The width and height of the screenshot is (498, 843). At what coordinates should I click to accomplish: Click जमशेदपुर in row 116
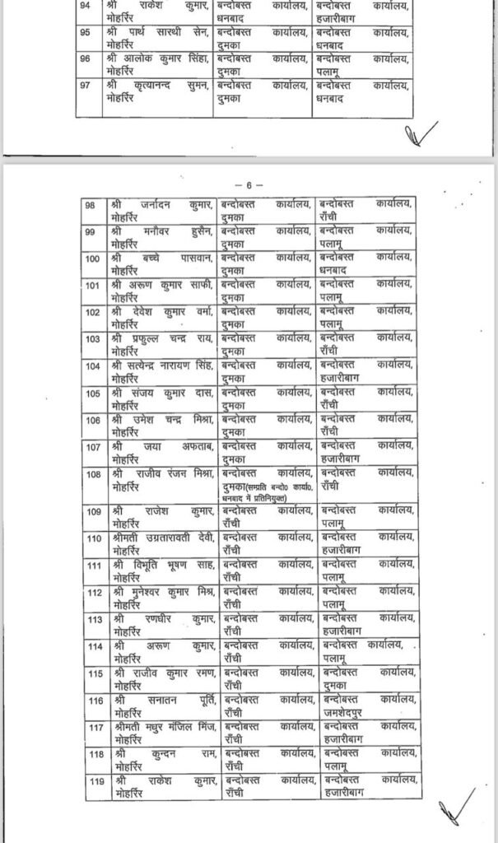tap(347, 707)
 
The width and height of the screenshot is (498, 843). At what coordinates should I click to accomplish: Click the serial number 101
tap(95, 286)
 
